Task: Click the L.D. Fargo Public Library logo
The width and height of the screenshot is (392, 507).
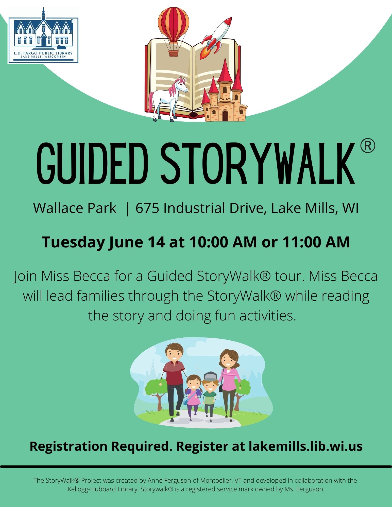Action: tap(43, 35)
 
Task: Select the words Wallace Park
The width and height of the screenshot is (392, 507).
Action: tap(75, 208)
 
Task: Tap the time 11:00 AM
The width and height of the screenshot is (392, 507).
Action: tap(316, 242)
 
